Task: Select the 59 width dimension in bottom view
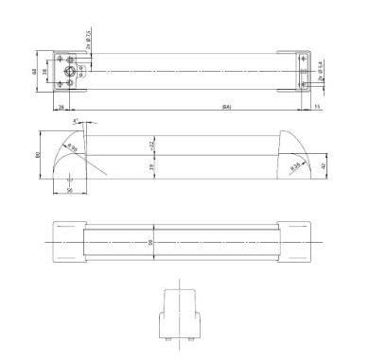point(152,242)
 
